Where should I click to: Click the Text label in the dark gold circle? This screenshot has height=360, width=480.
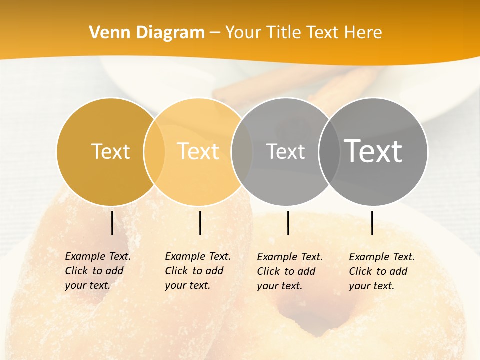click(x=110, y=151)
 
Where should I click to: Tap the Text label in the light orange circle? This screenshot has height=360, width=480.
click(x=198, y=151)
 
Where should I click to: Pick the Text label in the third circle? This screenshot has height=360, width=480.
click(x=285, y=151)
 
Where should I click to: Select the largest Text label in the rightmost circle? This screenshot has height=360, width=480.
click(x=373, y=151)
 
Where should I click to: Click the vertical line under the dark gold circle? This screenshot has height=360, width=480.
click(x=112, y=223)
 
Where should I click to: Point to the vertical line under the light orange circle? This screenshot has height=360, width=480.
click(x=200, y=223)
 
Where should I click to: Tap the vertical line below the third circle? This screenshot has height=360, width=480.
click(x=288, y=223)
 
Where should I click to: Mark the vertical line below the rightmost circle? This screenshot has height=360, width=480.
click(x=372, y=223)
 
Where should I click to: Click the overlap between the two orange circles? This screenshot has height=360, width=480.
click(x=154, y=151)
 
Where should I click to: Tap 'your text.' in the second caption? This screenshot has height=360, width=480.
click(x=187, y=285)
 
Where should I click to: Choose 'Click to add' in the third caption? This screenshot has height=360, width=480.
click(x=286, y=271)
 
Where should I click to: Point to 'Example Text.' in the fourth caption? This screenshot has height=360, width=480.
click(x=382, y=257)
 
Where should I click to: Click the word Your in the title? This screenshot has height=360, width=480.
click(x=244, y=32)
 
